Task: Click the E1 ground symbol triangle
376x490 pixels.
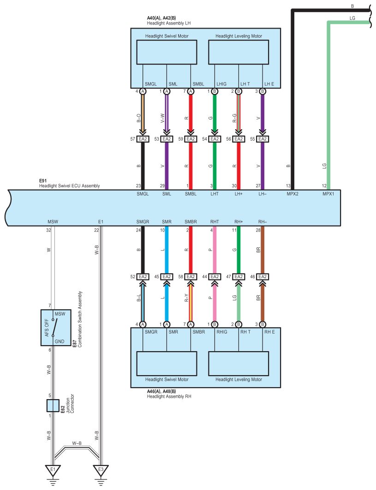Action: click(x=53, y=470)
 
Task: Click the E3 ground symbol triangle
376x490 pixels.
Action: click(x=101, y=470)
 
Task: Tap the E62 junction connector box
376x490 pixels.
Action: click(x=53, y=405)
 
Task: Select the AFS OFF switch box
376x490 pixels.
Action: click(x=56, y=328)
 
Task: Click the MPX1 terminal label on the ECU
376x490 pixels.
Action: click(x=328, y=194)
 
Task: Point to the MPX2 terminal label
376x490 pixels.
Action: click(x=292, y=194)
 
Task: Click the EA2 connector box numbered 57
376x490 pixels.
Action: click(x=143, y=139)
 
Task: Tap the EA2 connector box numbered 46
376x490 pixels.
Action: click(x=263, y=276)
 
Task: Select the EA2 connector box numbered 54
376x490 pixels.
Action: click(x=215, y=139)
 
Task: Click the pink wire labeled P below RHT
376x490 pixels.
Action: click(x=215, y=250)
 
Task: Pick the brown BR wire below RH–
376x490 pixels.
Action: click(x=263, y=250)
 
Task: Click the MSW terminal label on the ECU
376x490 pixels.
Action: click(x=53, y=221)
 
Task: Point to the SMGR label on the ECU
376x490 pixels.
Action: click(x=143, y=221)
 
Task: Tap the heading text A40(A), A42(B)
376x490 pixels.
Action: click(x=161, y=18)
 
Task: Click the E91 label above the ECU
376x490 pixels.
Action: click(x=43, y=180)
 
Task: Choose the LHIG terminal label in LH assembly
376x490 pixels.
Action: click(x=221, y=84)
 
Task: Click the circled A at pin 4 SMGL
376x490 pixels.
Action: click(x=143, y=91)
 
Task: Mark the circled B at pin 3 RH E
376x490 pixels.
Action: click(x=263, y=324)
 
